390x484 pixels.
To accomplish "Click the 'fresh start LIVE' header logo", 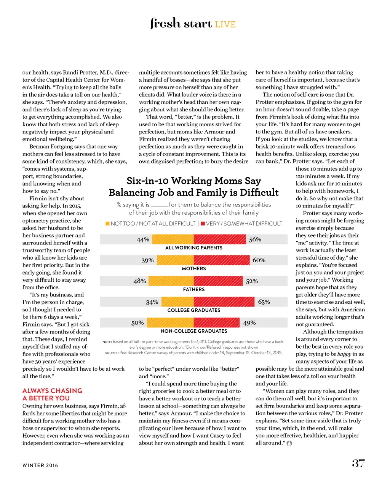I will [x=193, y=24].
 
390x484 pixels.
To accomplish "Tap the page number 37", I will [x=358, y=463].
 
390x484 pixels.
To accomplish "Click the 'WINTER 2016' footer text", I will [x=40, y=465].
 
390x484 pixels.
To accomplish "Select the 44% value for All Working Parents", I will [x=143, y=240].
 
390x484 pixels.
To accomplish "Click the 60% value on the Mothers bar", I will [x=259, y=260].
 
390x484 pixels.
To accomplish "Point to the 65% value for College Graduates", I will [x=264, y=302].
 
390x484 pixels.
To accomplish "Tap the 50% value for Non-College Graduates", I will [x=137, y=323].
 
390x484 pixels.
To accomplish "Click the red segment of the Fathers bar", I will [x=218, y=281].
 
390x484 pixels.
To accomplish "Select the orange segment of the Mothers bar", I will [x=175, y=260].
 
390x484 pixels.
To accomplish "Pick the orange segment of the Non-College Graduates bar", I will [x=170, y=323].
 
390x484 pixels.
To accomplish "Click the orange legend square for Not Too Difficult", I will [x=107, y=224].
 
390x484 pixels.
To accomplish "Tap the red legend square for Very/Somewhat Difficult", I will [x=203, y=224].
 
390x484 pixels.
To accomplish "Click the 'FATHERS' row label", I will [x=194, y=289].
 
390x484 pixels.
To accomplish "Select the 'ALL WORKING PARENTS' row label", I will [x=194, y=248].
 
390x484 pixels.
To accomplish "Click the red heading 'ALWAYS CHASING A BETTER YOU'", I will [x=52, y=394].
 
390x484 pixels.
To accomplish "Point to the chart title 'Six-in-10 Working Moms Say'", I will [x=194, y=181].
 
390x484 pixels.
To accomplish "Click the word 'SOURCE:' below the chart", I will [x=112, y=353].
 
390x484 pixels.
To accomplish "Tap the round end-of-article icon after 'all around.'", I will [x=289, y=443].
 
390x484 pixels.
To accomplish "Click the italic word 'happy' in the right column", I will [x=344, y=354].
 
